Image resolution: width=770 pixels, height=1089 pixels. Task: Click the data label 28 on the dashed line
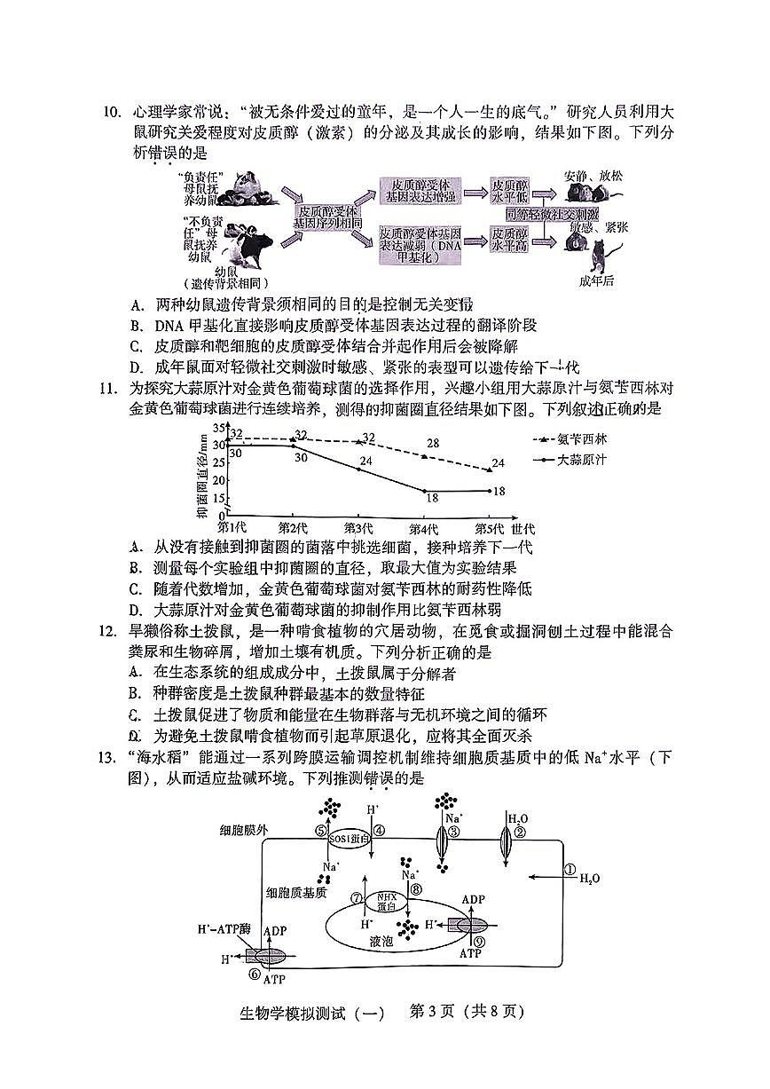(x=433, y=444)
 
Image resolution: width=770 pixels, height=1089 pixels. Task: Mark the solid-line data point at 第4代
(x=426, y=491)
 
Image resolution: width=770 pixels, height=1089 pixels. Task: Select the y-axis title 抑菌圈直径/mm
(x=202, y=473)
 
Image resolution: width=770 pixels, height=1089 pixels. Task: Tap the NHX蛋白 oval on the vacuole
(x=385, y=900)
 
